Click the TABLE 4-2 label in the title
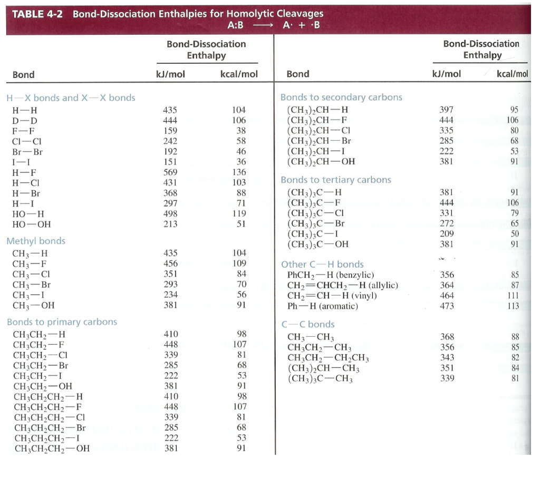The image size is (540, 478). coord(37,14)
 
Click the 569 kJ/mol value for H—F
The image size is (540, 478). coord(170,172)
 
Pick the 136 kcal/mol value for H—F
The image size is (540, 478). coord(239,172)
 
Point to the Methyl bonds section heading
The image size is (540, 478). coord(36,241)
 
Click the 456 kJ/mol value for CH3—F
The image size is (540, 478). coord(170,264)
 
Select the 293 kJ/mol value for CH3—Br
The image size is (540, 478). coord(170,285)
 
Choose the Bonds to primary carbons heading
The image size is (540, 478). coord(62,322)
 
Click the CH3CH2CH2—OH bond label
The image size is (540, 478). coord(52,449)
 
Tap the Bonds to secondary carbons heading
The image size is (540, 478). coord(341,97)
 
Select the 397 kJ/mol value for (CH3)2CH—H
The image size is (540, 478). coord(446,110)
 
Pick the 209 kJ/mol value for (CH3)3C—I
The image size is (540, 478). coord(446,234)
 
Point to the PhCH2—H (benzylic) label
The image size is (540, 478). coord(331,275)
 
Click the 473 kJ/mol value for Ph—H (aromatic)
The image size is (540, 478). coord(446,306)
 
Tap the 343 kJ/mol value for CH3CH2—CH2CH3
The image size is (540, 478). coord(446,358)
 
